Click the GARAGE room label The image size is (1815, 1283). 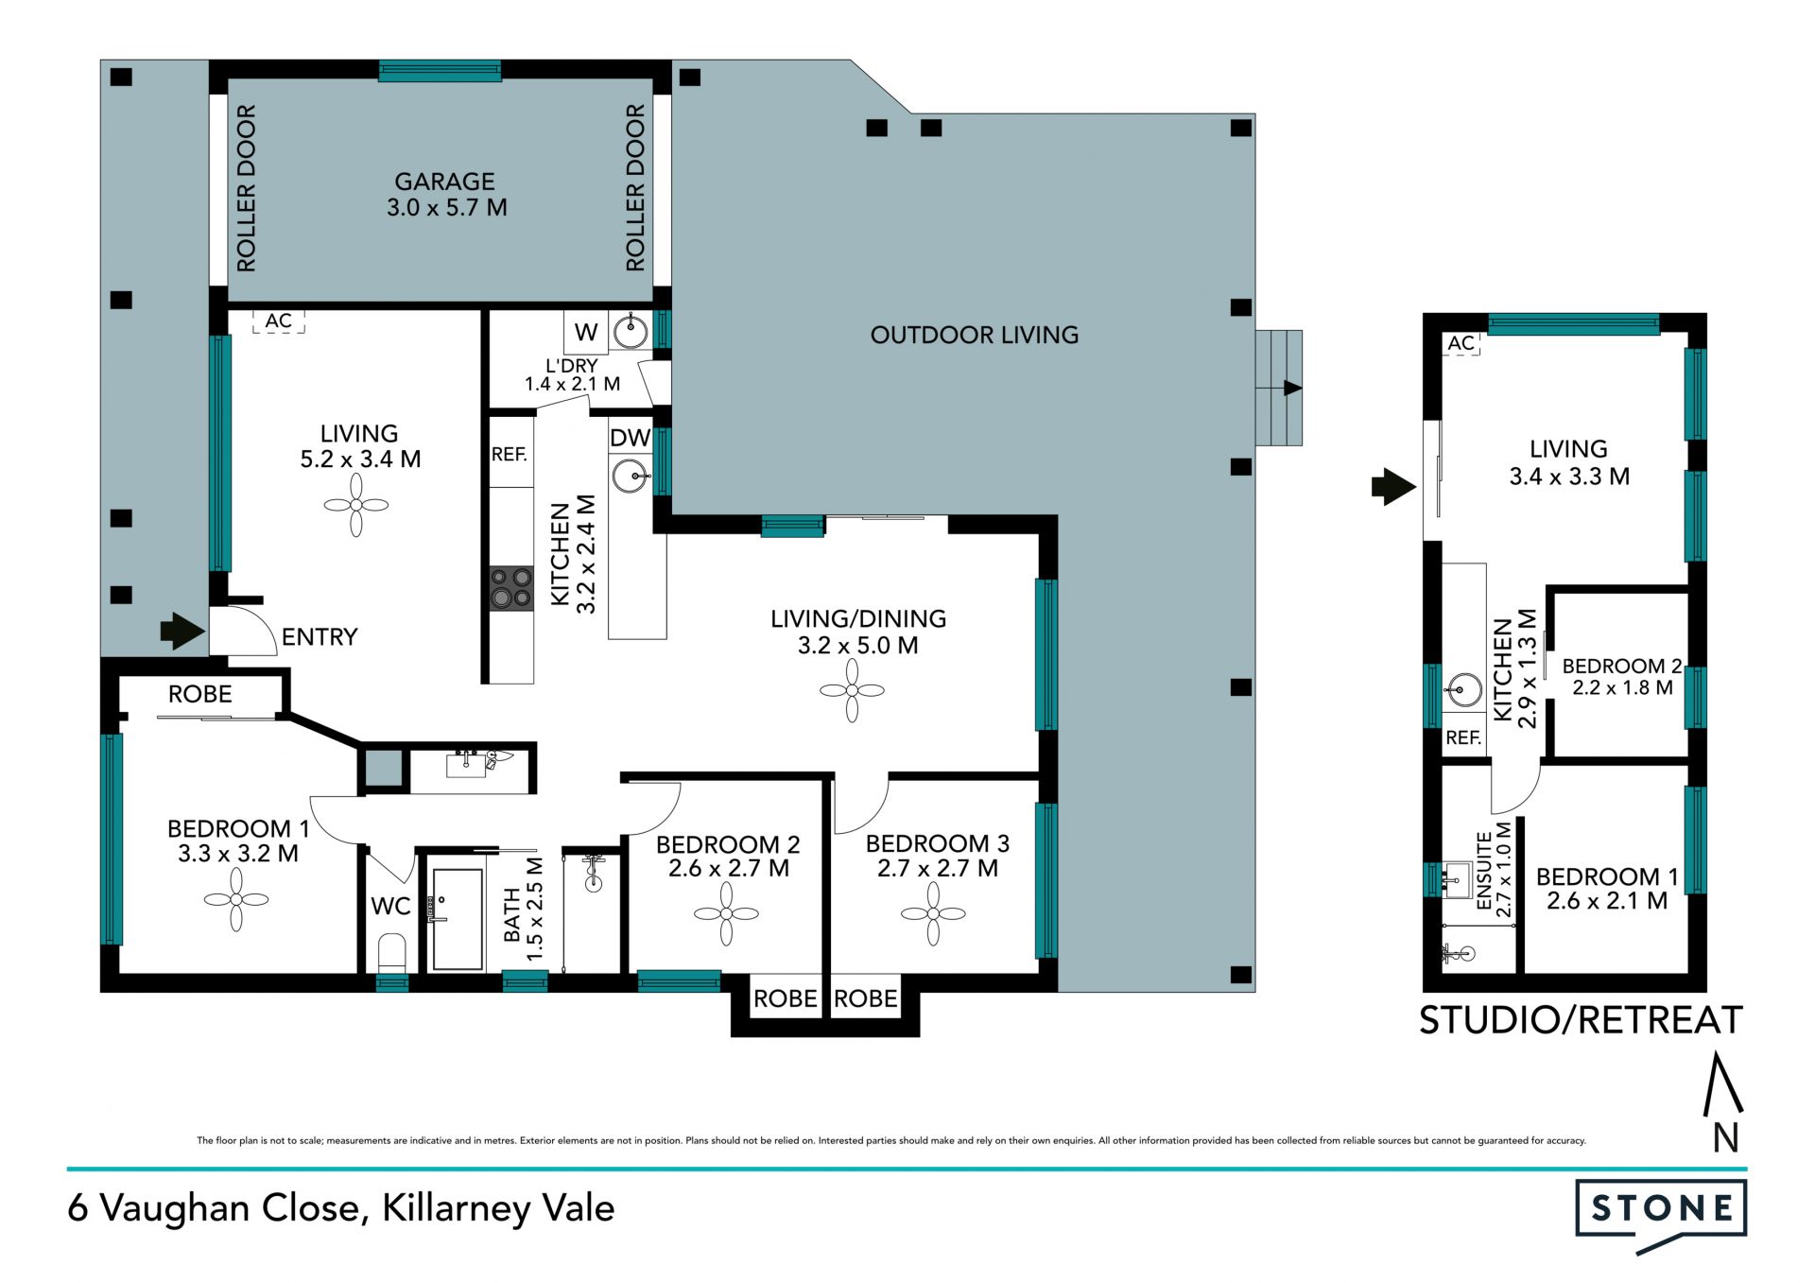(x=444, y=182)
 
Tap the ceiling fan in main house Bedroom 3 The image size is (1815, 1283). (x=933, y=913)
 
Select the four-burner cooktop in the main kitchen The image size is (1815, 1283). (x=510, y=587)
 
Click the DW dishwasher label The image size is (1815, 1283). (x=630, y=438)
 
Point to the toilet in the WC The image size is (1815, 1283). (x=391, y=951)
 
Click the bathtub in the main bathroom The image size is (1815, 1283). (x=458, y=920)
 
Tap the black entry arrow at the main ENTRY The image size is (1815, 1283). (x=182, y=631)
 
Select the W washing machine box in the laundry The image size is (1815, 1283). (x=586, y=332)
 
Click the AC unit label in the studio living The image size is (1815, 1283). (x=1461, y=343)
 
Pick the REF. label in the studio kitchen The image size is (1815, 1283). (x=1463, y=737)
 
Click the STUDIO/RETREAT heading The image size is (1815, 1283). (x=1581, y=1020)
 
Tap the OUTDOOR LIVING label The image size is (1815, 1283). (x=974, y=335)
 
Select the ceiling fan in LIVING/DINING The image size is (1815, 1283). (x=852, y=690)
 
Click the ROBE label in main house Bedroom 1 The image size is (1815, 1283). (x=199, y=694)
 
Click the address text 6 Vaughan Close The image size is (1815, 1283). (x=214, y=1208)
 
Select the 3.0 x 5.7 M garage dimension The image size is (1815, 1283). (x=446, y=207)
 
